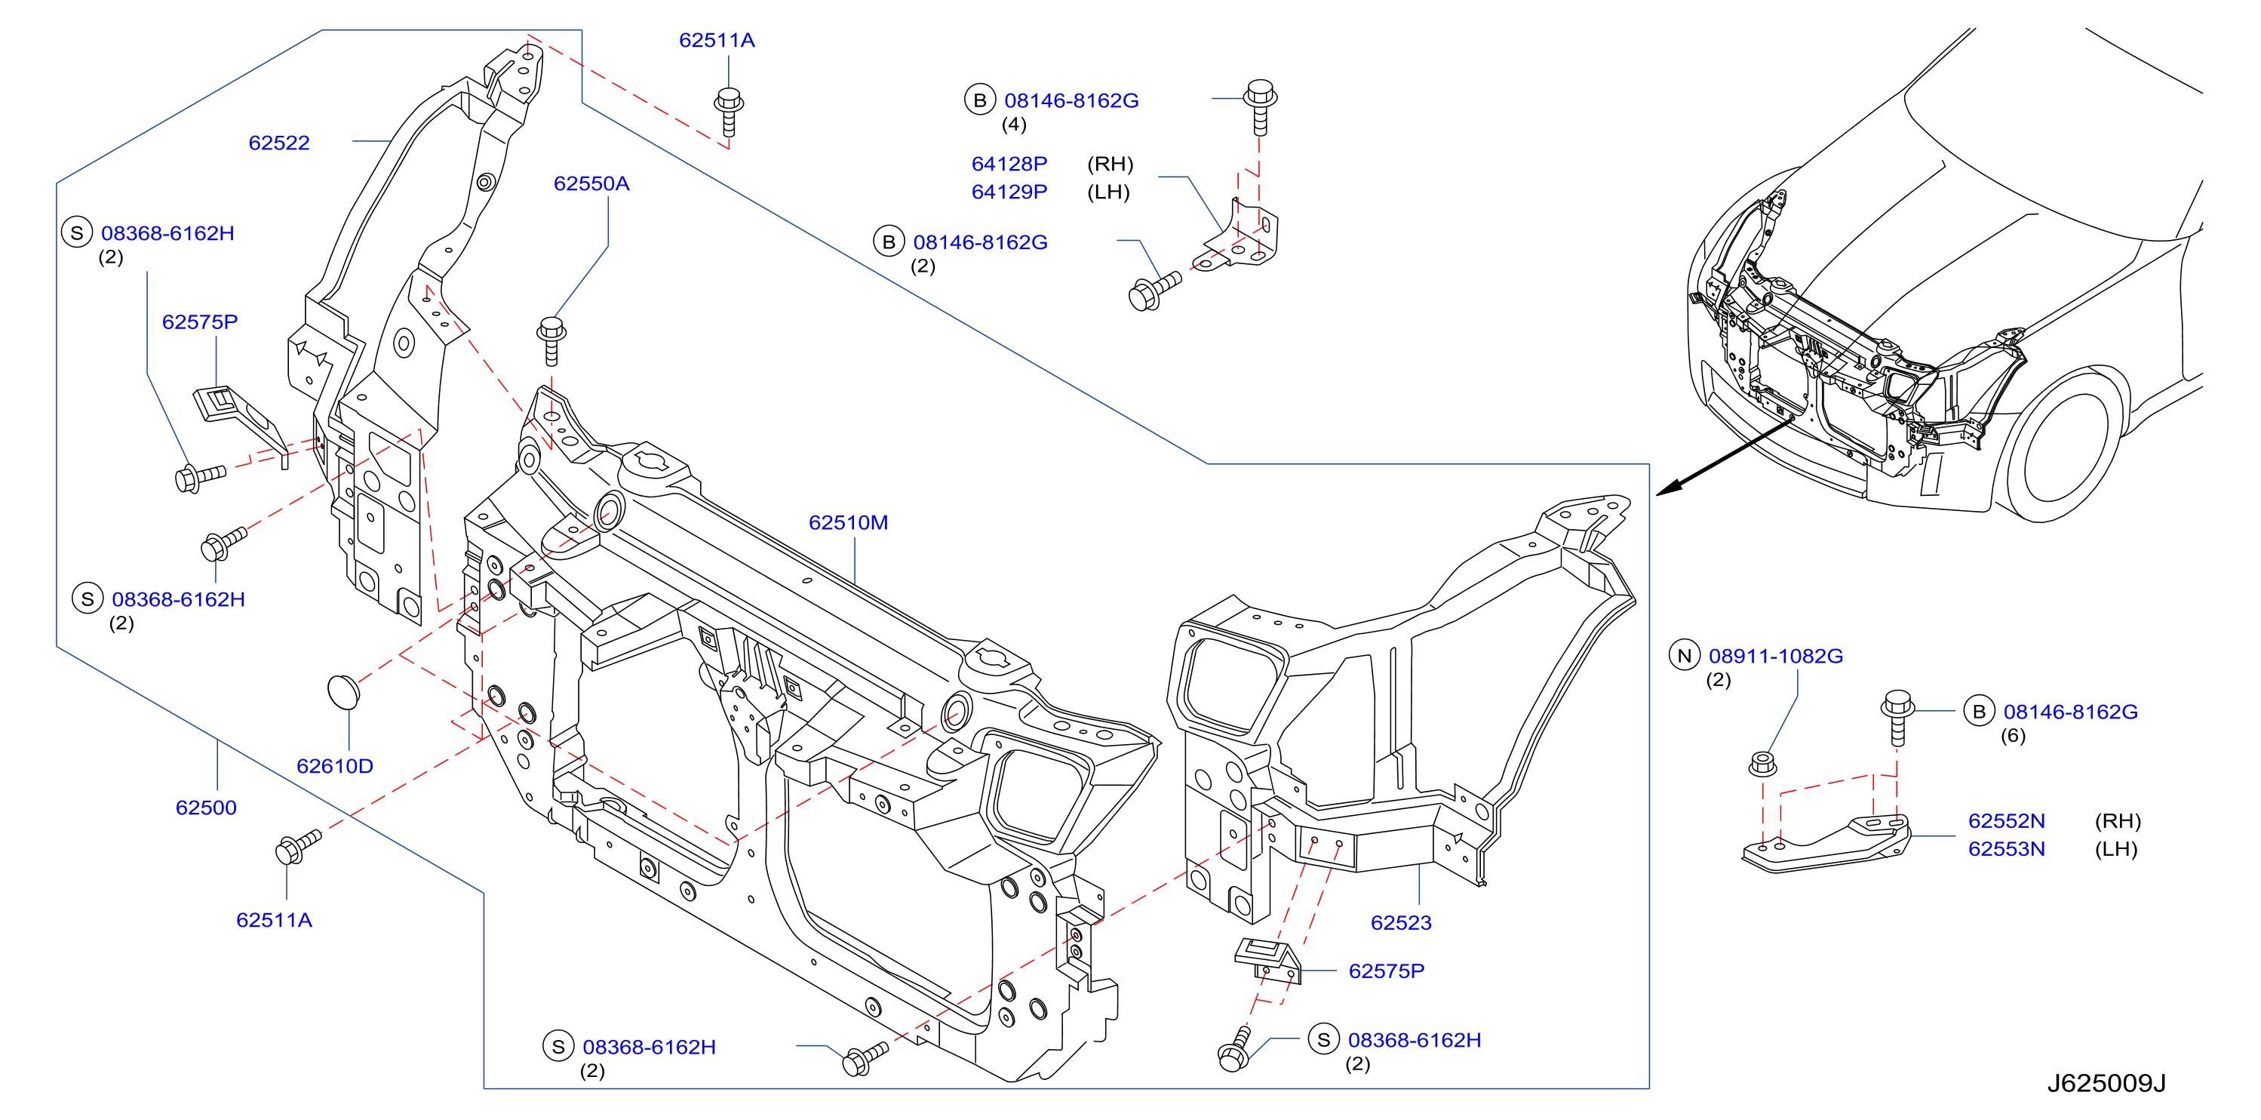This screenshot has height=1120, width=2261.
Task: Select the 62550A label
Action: (591, 183)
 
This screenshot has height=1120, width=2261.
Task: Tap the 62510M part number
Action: (848, 522)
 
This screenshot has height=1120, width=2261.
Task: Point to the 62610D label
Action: (334, 765)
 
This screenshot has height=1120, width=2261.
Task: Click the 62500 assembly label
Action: (206, 808)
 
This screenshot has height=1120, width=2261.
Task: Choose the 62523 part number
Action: (1401, 922)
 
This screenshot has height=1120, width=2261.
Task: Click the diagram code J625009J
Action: (2106, 1083)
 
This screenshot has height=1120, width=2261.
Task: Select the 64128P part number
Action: (1009, 164)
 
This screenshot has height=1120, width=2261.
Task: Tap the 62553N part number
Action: (2007, 849)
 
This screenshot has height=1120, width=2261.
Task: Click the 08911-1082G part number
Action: (1776, 656)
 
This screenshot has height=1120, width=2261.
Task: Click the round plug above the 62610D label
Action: (343, 691)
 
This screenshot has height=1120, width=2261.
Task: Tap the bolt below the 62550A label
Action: (551, 340)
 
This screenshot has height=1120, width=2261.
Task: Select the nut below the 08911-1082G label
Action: (1762, 764)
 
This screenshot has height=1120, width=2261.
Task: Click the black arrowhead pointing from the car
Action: (1670, 488)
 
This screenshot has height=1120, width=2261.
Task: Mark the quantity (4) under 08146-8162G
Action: (1014, 125)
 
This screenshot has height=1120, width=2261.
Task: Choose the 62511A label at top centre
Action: (717, 40)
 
